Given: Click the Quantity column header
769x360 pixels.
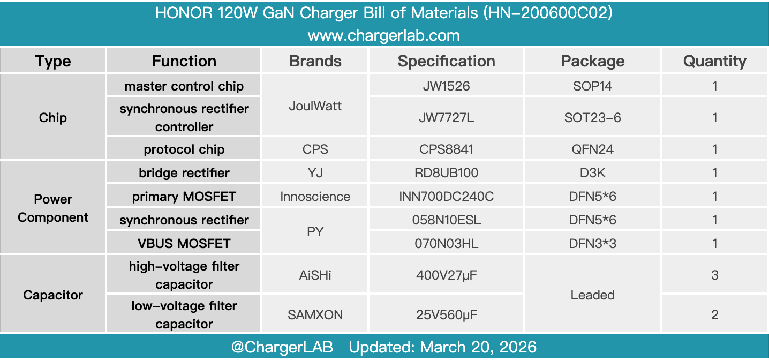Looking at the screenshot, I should click(714, 61).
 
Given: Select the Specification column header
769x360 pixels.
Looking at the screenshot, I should click(446, 61).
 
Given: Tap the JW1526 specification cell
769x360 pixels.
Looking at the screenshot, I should click(446, 86).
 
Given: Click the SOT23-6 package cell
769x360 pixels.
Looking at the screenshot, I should click(592, 117).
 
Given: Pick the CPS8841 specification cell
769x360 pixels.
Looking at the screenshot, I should click(446, 149).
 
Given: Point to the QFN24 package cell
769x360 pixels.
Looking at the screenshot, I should click(592, 149).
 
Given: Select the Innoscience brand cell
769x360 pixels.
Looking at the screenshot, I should click(315, 197).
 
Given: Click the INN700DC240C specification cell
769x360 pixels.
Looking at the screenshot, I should click(446, 197).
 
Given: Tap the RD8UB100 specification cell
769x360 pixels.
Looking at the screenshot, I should click(446, 173).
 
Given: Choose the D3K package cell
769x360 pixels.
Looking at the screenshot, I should click(592, 173).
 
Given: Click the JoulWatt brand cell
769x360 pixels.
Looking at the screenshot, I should click(315, 106).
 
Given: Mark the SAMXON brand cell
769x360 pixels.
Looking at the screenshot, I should click(315, 314).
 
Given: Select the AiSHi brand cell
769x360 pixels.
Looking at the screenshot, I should click(315, 275).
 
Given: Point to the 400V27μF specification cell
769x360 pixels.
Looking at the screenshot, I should click(446, 275).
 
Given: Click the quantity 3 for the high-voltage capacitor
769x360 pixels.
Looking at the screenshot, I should click(714, 275).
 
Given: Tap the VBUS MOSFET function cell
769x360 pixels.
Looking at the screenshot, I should click(184, 244).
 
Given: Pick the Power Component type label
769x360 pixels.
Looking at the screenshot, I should click(53, 208).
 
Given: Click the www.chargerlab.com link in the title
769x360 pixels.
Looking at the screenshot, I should click(384, 36).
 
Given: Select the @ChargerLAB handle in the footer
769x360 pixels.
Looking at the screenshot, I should click(282, 347).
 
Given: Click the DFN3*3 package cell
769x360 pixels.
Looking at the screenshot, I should click(592, 244).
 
